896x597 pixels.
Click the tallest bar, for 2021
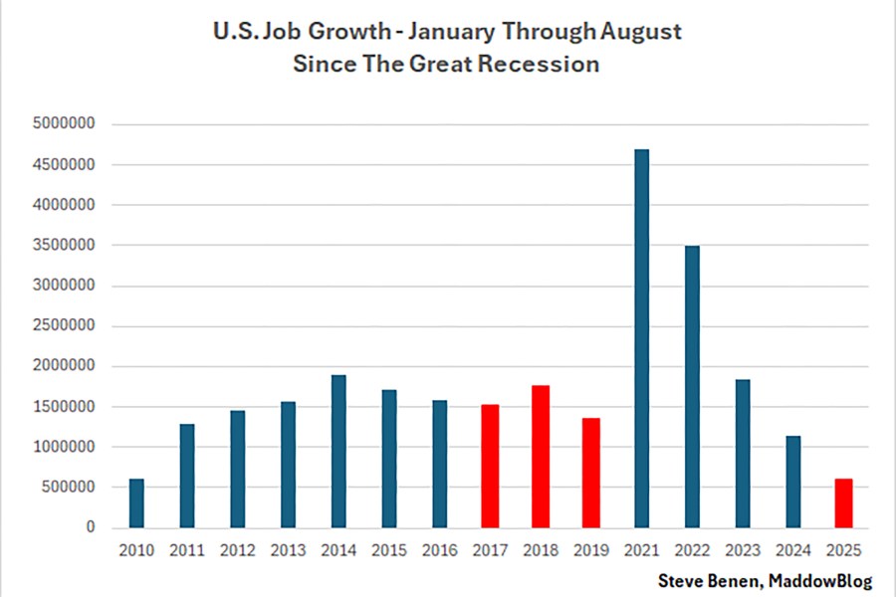pyautogui.click(x=641, y=338)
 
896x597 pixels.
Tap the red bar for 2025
pyautogui.click(x=843, y=502)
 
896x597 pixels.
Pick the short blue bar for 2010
pyautogui.click(x=136, y=502)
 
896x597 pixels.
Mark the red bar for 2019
pyautogui.click(x=590, y=473)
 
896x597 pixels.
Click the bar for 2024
pyautogui.click(x=792, y=482)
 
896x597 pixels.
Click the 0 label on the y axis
pyautogui.click(x=90, y=527)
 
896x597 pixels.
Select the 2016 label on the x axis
pyautogui.click(x=439, y=549)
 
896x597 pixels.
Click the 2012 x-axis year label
pyautogui.click(x=237, y=549)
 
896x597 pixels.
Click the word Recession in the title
pyautogui.click(x=547, y=65)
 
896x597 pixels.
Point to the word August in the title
pyautogui.click(x=639, y=31)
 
